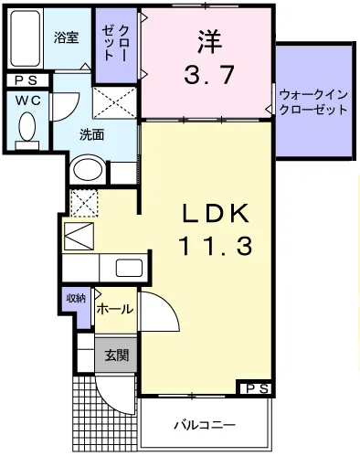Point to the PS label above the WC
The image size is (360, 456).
tap(25, 80)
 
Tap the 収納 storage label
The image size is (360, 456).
tap(75, 298)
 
